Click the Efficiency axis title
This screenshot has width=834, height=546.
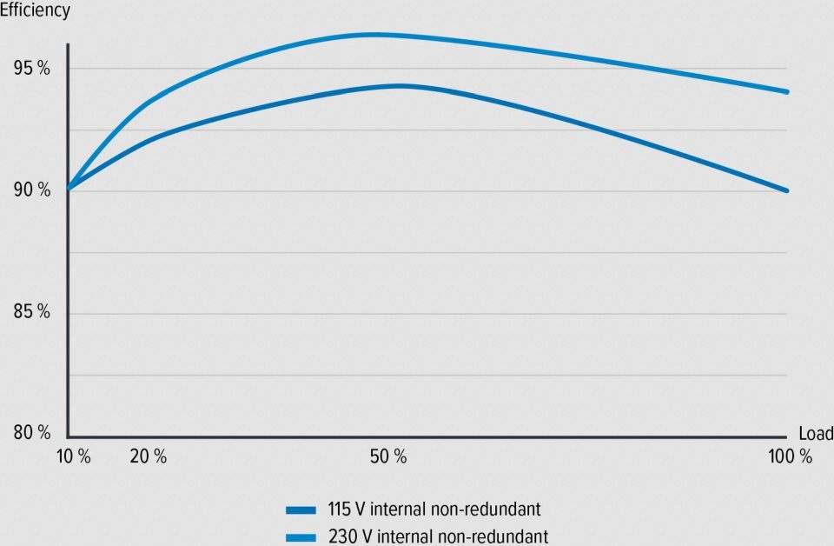pyautogui.click(x=36, y=11)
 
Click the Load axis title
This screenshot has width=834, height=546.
pyautogui.click(x=815, y=433)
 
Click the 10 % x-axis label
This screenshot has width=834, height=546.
pyautogui.click(x=72, y=456)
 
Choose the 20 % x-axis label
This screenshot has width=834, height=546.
pyautogui.click(x=148, y=456)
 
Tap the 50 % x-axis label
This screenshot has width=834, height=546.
pyautogui.click(x=387, y=456)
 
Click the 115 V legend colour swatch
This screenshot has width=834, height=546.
pyautogui.click(x=300, y=510)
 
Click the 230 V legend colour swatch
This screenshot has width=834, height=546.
pyautogui.click(x=300, y=536)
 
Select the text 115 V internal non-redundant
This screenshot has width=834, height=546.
pyautogui.click(x=440, y=509)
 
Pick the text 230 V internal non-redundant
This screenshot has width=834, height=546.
pyautogui.click(x=440, y=536)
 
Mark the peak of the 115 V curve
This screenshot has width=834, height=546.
pyautogui.click(x=398, y=85)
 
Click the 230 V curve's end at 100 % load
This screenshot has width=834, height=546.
pyautogui.click(x=786, y=91)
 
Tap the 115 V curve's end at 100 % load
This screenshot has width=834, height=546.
pyautogui.click(x=786, y=190)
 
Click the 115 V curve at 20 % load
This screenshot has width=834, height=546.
pyautogui.click(x=148, y=139)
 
